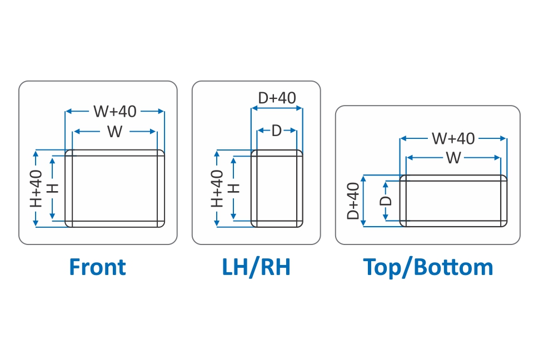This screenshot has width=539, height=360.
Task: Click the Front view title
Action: (97, 267)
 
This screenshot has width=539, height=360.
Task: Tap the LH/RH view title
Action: (256, 267)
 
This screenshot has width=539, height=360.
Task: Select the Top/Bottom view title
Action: (428, 267)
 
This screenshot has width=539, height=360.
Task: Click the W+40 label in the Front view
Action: (115, 112)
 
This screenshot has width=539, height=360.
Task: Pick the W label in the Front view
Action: (115, 132)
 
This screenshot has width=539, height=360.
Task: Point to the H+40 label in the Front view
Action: (36, 188)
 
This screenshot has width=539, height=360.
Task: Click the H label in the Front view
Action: (53, 188)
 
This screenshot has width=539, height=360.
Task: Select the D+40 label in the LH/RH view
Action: (277, 98)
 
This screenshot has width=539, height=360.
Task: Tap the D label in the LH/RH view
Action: (277, 132)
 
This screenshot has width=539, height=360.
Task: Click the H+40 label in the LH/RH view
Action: (217, 188)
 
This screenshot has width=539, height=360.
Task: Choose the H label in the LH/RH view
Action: (234, 188)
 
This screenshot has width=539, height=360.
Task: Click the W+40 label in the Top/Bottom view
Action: (453, 138)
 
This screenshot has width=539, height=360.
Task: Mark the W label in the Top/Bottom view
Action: (453, 158)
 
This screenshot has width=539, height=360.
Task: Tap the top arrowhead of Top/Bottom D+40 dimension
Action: (364, 178)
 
